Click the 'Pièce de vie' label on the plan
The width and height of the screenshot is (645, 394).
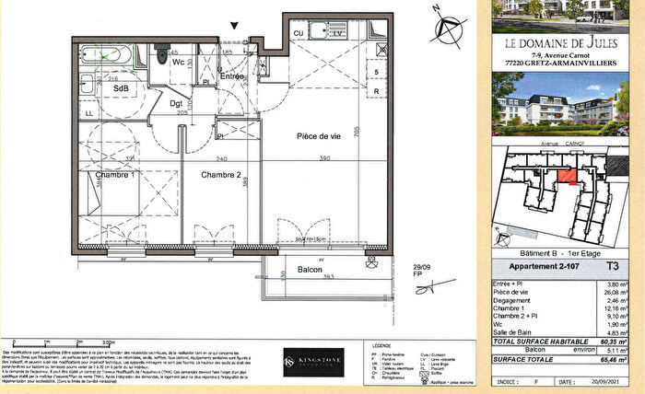[x=319, y=135]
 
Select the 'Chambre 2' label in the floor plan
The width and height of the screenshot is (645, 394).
[x=221, y=174]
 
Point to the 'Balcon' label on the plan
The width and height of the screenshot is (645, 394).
[x=310, y=271]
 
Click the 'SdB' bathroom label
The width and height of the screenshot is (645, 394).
[x=120, y=88]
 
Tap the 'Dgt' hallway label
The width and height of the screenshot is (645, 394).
[x=175, y=105]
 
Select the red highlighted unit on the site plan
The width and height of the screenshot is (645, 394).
[x=571, y=176]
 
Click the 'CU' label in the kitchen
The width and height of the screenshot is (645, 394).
[x=299, y=33]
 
